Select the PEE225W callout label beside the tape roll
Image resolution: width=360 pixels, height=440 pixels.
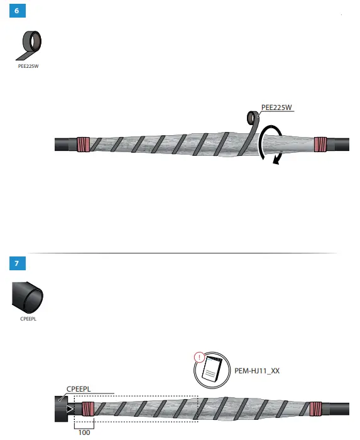point(277,107)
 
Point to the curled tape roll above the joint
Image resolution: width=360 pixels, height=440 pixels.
point(253,119)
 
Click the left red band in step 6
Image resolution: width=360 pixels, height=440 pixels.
point(84,145)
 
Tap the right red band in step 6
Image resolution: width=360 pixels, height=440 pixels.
point(321,144)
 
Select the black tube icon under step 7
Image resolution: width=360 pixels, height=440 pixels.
point(28,297)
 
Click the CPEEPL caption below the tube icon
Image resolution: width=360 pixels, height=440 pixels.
point(28,319)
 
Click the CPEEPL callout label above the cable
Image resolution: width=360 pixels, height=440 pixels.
point(79,389)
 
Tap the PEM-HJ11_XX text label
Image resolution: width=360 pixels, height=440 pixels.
point(258,371)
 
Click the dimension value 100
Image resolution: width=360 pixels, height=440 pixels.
point(84,432)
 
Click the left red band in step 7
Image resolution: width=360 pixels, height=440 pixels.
point(87,409)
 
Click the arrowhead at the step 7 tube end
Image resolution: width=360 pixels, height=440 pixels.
point(70,409)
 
